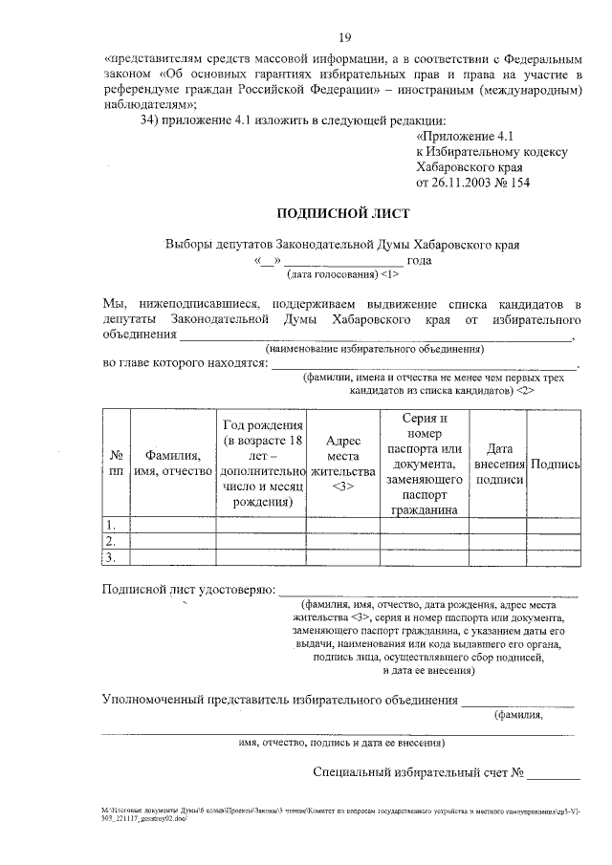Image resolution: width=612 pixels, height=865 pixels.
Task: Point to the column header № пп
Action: (116, 464)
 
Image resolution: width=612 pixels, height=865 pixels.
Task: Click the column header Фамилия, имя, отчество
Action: (172, 464)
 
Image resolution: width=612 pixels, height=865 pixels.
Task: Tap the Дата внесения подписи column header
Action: (499, 464)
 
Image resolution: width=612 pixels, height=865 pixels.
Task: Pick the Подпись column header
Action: (557, 464)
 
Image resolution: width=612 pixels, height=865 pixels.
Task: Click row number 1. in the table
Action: (112, 524)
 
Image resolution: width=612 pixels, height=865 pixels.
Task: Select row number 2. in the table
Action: (112, 541)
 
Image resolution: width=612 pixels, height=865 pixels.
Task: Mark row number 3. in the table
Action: (112, 557)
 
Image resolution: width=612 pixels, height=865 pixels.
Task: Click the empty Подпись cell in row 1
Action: (557, 524)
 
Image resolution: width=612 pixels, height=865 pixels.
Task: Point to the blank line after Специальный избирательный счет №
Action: (554, 772)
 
